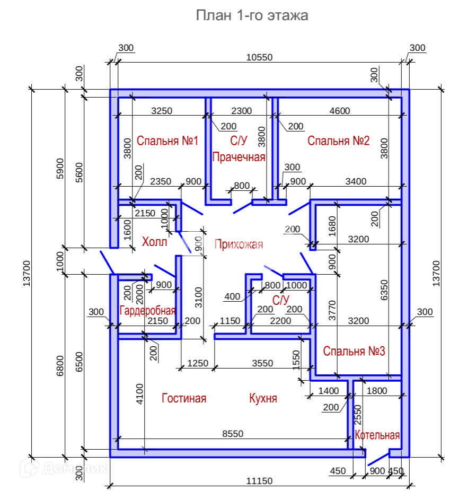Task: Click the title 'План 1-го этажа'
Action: pyautogui.click(x=252, y=15)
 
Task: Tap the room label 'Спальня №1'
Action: pyautogui.click(x=167, y=141)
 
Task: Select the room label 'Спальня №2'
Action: pyautogui.click(x=338, y=141)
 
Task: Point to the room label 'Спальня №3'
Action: pyautogui.click(x=354, y=351)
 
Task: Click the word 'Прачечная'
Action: pyautogui.click(x=239, y=157)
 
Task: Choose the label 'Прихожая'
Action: pyautogui.click(x=239, y=244)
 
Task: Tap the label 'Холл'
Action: pyautogui.click(x=155, y=242)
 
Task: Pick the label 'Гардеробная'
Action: pyautogui.click(x=147, y=311)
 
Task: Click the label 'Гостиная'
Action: pyautogui.click(x=184, y=398)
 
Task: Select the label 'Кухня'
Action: pyautogui.click(x=263, y=398)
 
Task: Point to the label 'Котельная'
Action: pyautogui.click(x=377, y=436)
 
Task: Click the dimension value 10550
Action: pyautogui.click(x=260, y=58)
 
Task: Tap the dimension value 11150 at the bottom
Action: pyautogui.click(x=259, y=481)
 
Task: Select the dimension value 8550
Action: pyautogui.click(x=232, y=434)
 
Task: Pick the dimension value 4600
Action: pyautogui.click(x=340, y=111)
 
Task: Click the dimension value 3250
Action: pyautogui.click(x=161, y=111)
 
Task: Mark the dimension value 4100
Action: pyautogui.click(x=139, y=394)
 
